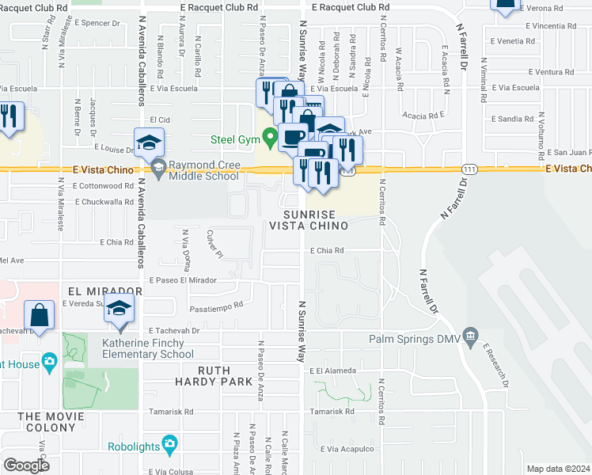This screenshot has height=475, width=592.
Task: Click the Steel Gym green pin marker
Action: click(x=270, y=138)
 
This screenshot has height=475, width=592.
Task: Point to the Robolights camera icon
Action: click(x=169, y=445)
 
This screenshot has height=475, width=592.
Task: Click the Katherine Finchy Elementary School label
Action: click(x=142, y=348)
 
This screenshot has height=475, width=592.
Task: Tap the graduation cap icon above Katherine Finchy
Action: click(x=119, y=308)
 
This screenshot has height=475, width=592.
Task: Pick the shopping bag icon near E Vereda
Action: click(x=39, y=314)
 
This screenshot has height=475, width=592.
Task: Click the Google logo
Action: click(x=26, y=465)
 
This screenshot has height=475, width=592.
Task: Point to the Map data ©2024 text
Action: click(x=558, y=469)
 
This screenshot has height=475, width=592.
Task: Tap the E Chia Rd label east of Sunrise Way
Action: click(x=326, y=250)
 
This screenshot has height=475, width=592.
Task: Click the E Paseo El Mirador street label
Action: click(x=182, y=280)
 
